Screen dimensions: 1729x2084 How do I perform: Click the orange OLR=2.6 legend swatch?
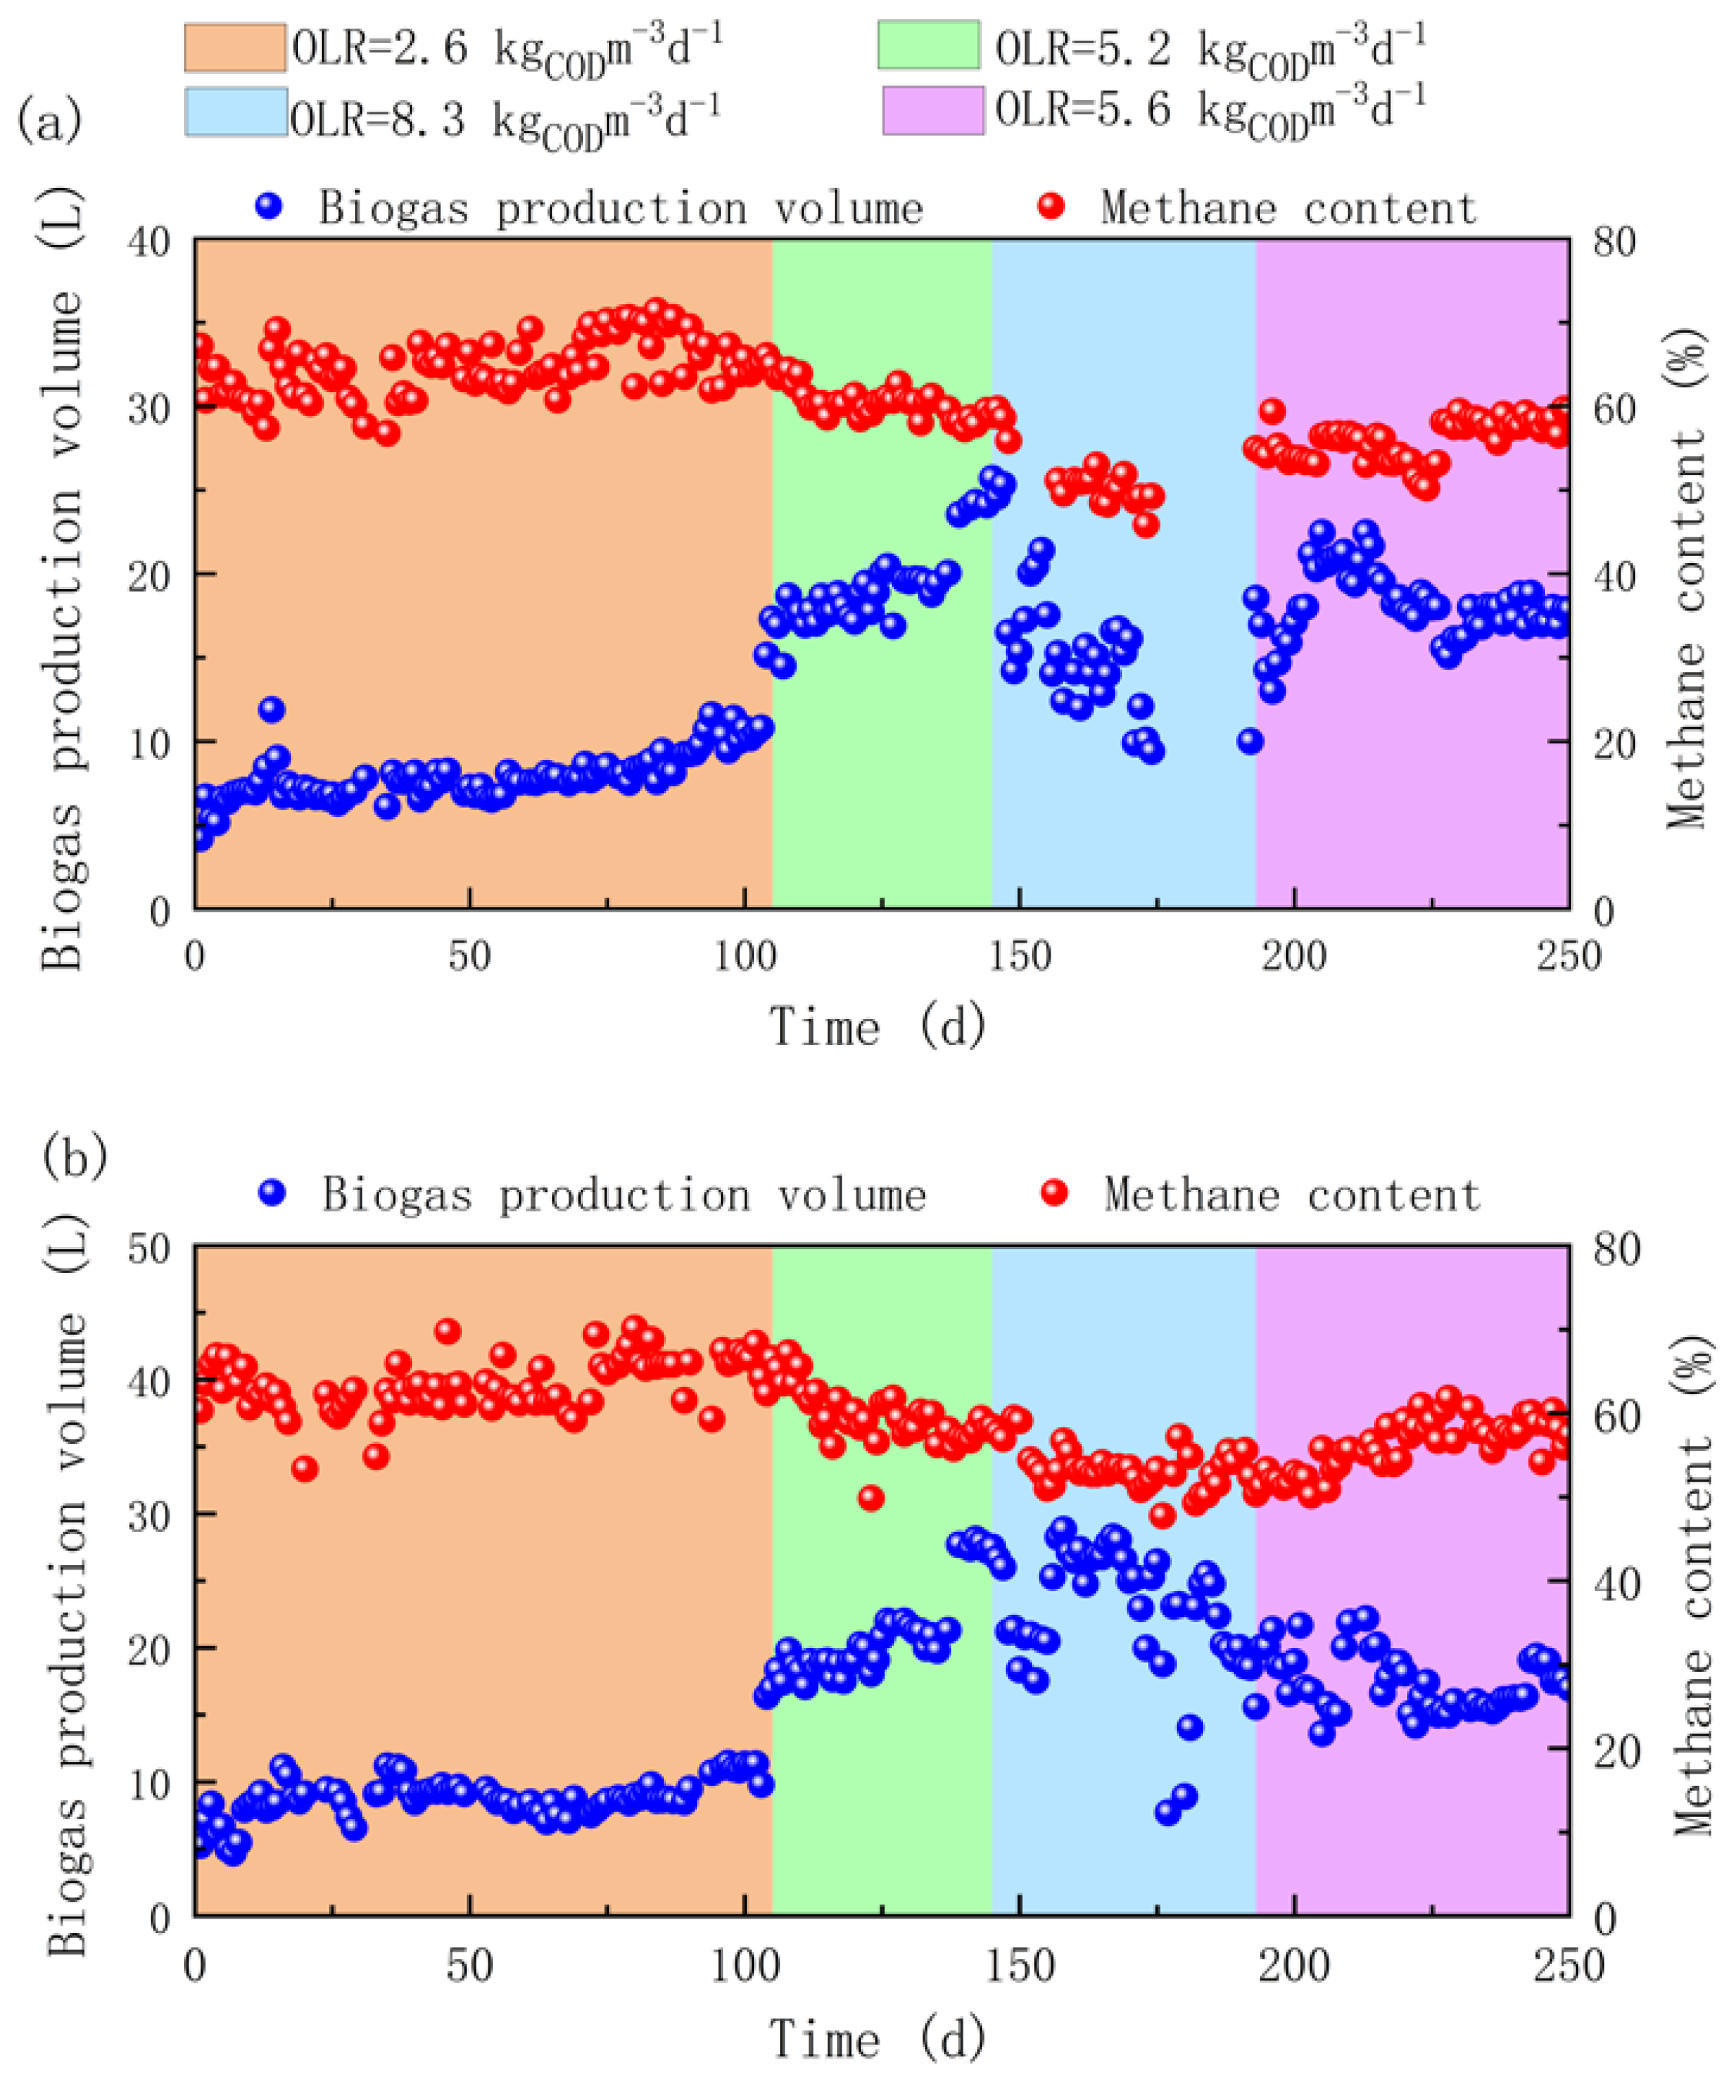click(x=234, y=47)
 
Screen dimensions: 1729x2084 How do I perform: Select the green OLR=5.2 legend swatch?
click(x=928, y=45)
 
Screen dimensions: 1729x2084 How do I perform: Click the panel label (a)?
click(x=49, y=121)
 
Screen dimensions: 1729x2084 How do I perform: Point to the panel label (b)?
click(x=75, y=1155)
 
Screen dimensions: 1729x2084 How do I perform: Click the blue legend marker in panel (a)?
click(x=269, y=206)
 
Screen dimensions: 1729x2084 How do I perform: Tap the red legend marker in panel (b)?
click(x=1054, y=1192)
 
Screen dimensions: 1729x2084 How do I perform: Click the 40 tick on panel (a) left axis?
click(x=149, y=242)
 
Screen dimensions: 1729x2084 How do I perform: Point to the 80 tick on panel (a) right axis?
click(x=1614, y=242)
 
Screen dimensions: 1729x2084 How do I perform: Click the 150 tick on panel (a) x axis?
click(x=1020, y=955)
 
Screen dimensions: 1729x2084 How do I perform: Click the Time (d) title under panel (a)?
click(x=879, y=1025)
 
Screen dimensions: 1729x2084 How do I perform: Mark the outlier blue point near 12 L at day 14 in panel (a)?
click(x=272, y=709)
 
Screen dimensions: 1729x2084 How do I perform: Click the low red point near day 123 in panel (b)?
click(x=870, y=1497)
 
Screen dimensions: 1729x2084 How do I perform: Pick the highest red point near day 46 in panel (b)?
click(x=447, y=1331)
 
